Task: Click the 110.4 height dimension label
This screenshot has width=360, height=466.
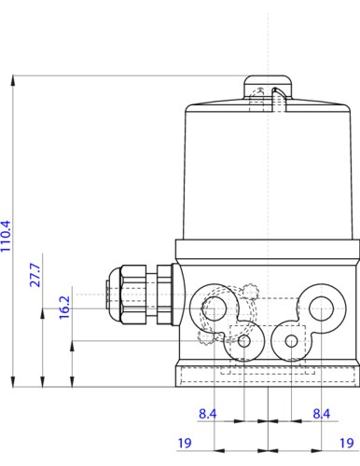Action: [x=6, y=236]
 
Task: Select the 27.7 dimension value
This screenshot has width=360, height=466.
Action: [x=35, y=275]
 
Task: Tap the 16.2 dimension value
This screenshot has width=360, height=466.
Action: [x=64, y=308]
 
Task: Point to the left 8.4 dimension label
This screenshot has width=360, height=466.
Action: [x=207, y=414]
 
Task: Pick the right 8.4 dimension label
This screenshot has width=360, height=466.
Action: [x=322, y=414]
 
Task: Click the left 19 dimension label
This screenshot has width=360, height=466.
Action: [x=185, y=443]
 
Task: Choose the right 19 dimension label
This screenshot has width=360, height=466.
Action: [x=347, y=443]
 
